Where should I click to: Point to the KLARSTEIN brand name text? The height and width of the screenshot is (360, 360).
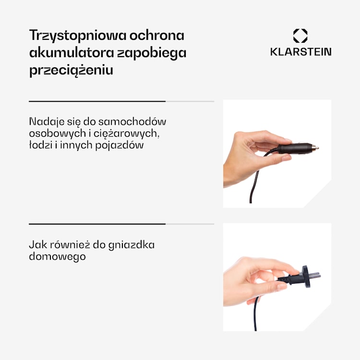coord(300,52)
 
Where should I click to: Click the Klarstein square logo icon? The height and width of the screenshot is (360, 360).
coord(300,36)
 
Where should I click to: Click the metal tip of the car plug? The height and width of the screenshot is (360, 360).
coord(315,148)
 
